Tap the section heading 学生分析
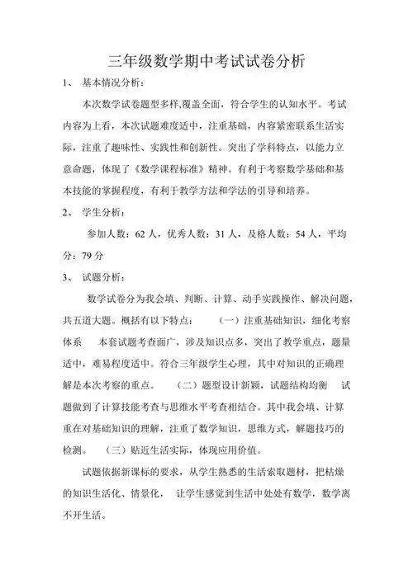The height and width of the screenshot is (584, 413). click(103, 212)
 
